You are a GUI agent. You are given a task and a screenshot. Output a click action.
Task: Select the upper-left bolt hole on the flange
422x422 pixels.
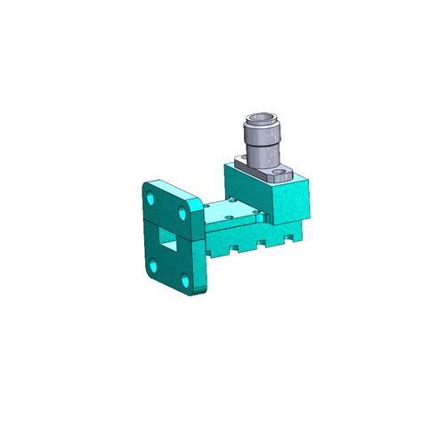click(x=150, y=191)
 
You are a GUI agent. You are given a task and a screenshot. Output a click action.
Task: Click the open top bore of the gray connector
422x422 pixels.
click(x=264, y=118)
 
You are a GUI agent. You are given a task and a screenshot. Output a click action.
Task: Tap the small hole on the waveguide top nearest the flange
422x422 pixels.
click(x=210, y=210)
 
